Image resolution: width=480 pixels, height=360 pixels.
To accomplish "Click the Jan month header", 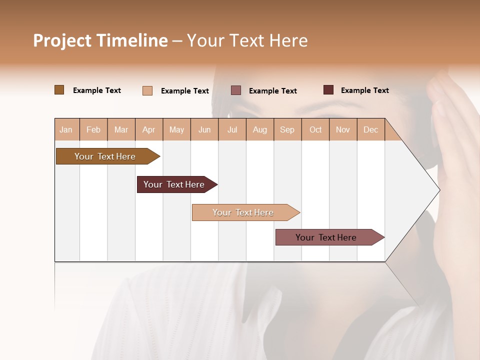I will [66, 129].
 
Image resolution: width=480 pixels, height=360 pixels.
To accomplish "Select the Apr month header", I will [148, 129].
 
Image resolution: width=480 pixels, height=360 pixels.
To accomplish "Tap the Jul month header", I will [232, 129].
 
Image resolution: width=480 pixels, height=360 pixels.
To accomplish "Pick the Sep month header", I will [287, 129].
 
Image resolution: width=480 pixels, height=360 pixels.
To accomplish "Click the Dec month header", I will [370, 129].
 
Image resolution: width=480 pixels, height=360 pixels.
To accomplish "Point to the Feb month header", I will [93, 129].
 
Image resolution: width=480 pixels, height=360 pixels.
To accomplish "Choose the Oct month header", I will [315, 129].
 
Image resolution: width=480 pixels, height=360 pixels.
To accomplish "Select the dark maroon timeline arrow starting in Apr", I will [175, 184].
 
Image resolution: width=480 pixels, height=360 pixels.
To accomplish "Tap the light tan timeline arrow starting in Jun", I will [244, 212].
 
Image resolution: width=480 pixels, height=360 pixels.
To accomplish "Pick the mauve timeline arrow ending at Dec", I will [328, 237].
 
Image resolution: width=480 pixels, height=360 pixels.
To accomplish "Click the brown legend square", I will [59, 90].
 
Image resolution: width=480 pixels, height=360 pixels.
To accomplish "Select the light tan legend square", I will [147, 90].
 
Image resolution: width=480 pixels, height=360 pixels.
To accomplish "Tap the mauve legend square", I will [236, 90].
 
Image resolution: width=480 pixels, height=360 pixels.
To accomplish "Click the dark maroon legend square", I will [328, 90].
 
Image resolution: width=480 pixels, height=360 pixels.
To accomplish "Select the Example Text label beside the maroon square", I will [364, 90].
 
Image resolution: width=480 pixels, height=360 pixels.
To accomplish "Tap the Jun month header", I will [204, 129].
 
